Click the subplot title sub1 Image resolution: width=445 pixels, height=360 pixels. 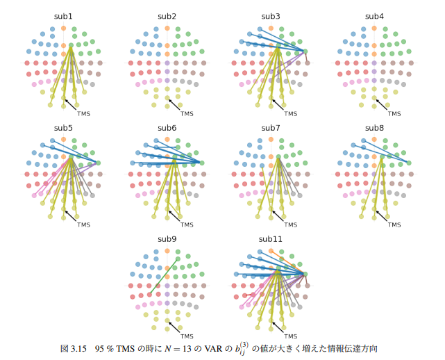tap(63, 16)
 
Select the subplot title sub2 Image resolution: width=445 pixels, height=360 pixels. tap(167, 16)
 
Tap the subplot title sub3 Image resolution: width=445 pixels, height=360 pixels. tap(271, 16)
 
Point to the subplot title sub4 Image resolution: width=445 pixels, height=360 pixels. tap(374, 16)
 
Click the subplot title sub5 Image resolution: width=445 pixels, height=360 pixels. tap(63, 128)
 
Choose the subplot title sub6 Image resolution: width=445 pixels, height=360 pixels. tap(167, 128)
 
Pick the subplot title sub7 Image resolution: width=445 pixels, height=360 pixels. tap(271, 128)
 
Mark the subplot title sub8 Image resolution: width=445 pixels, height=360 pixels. tap(374, 128)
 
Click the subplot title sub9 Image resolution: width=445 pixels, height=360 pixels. tap(167, 239)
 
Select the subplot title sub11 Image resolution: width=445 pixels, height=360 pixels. tap(271, 239)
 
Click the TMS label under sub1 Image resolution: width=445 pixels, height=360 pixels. tap(83, 113)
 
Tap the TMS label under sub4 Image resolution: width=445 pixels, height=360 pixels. tap(394, 113)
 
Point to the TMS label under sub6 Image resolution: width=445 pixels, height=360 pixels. tap(187, 224)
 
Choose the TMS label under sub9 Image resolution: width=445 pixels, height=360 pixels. tap(187, 336)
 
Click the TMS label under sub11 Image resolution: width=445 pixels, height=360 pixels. tap(291, 336)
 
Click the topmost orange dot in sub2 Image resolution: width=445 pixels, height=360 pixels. tap(167, 28)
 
